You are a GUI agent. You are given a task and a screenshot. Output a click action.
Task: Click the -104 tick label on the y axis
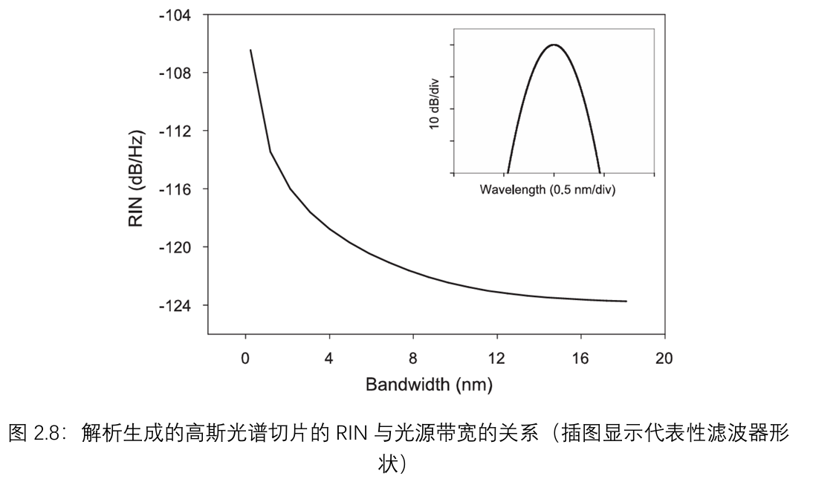(175, 15)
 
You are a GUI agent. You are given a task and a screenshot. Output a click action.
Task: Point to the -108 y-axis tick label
(175, 73)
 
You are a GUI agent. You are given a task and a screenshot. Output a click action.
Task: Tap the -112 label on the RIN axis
(175, 131)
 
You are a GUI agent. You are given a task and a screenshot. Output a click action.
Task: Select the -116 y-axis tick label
(175, 189)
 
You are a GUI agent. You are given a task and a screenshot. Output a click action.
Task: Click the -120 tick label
(175, 247)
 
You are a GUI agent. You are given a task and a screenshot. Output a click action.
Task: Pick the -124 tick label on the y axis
(175, 305)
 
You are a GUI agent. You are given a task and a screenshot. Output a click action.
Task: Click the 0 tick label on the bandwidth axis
(245, 359)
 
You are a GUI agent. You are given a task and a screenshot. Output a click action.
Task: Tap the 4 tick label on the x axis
(329, 359)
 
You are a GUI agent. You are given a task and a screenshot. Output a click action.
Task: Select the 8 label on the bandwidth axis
(413, 359)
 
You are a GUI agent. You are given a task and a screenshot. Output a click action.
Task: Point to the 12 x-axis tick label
(496, 359)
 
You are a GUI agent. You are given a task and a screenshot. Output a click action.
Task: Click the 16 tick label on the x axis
(580, 359)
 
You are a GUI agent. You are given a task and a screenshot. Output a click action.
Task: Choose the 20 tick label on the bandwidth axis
(664, 359)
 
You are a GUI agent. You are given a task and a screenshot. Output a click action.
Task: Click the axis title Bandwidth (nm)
(429, 385)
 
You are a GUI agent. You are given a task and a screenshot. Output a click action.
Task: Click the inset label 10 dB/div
(435, 105)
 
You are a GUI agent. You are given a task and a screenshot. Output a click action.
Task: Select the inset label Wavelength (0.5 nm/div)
(548, 189)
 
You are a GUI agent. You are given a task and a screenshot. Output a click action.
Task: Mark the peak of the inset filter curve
(554, 45)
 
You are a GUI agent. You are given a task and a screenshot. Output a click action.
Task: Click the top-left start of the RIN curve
(250, 50)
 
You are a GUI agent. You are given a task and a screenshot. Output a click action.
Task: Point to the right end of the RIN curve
(626, 301)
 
